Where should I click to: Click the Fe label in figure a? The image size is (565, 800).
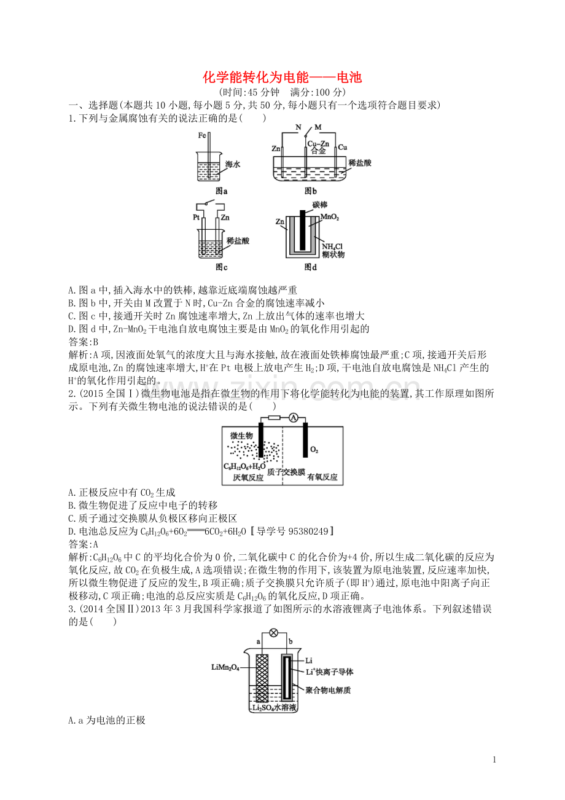coord(203,135)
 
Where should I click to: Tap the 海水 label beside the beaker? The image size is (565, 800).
coord(233,164)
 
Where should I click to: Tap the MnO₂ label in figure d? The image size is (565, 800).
coord(330,218)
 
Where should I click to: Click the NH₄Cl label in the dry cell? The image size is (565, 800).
coord(332,246)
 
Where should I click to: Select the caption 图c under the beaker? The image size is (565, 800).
coord(222,267)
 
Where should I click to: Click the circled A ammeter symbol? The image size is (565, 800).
coord(294,418)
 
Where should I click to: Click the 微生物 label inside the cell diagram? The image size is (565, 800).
coord(241,436)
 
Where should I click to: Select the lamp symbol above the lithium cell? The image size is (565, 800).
coord(275,632)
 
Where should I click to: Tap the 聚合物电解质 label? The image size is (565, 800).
coord(328,690)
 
